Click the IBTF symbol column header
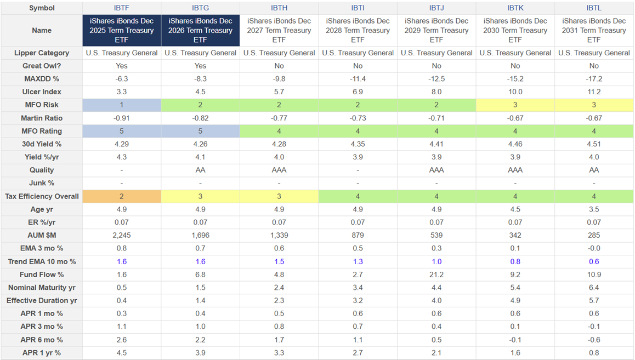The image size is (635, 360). [122, 8]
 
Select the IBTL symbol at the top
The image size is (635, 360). [594, 8]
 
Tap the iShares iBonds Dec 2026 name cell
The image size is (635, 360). [200, 31]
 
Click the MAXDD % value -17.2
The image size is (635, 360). [594, 79]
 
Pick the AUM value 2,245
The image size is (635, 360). [122, 235]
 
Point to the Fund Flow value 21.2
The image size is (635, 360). [436, 275]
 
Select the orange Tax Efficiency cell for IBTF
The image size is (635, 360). [122, 196]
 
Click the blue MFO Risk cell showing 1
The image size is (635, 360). [122, 105]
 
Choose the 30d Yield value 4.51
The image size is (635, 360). [594, 144]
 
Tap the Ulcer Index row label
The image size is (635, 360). [42, 92]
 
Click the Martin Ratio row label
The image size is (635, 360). [42, 118]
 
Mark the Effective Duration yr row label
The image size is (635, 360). [42, 300]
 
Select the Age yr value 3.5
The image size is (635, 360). [594, 209]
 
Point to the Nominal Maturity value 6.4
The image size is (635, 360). [594, 288]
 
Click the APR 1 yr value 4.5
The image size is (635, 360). [122, 353]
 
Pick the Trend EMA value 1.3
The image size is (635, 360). [358, 261]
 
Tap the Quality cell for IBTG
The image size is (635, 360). [200, 170]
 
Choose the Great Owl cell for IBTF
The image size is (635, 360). [122, 66]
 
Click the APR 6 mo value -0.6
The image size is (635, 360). [594, 340]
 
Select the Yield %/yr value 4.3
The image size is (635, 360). [122, 157]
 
